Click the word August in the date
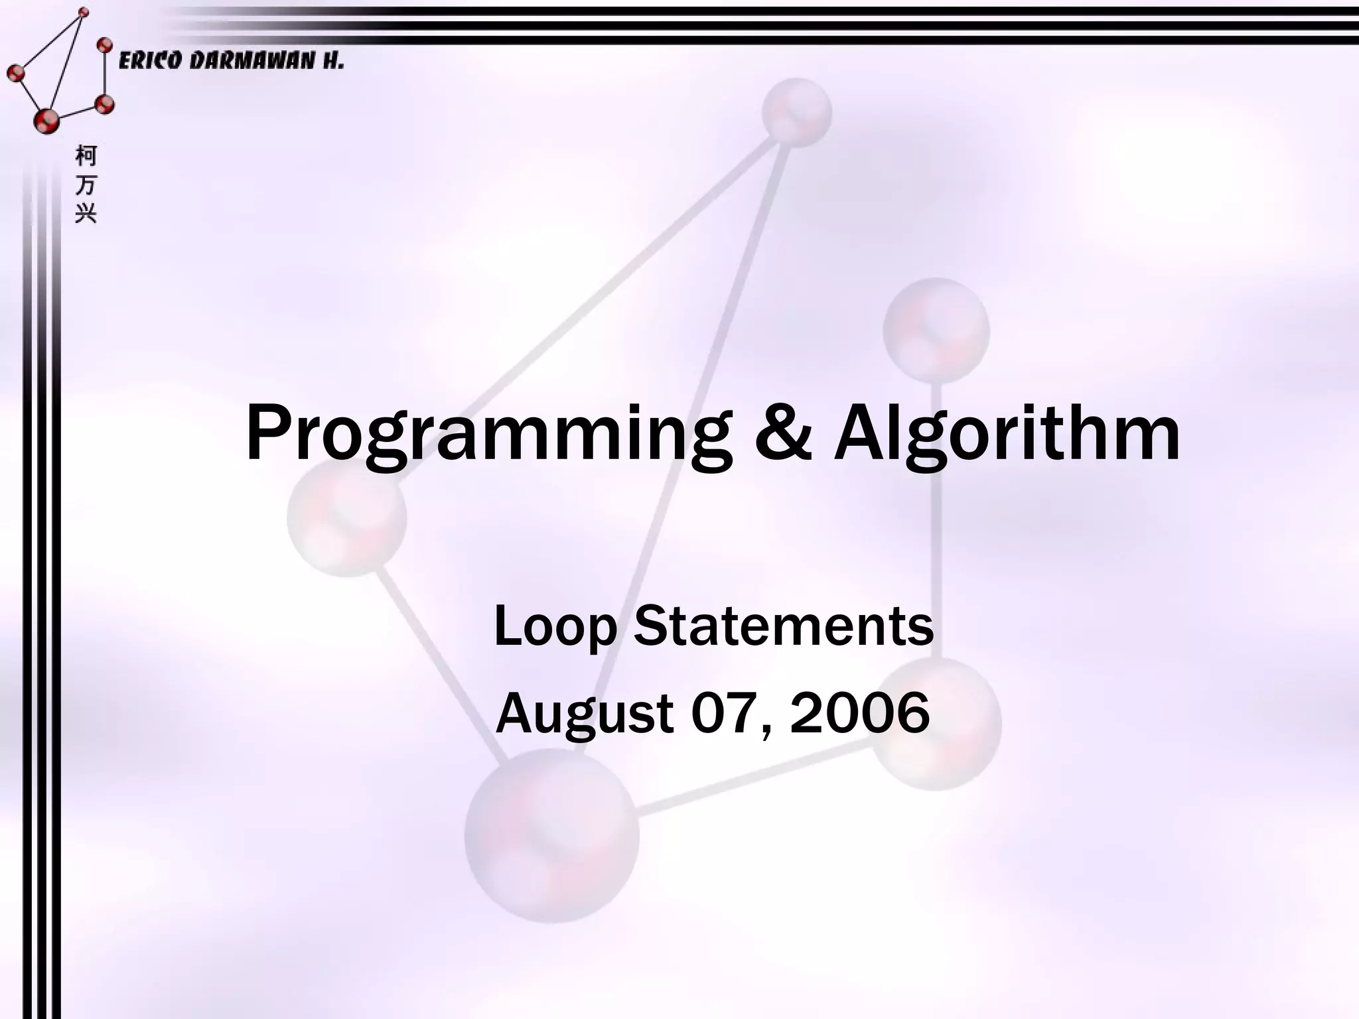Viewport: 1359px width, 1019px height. point(585,714)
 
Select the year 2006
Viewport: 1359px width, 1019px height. point(859,713)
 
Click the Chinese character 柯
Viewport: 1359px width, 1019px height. point(86,156)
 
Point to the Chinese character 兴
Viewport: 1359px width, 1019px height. point(86,213)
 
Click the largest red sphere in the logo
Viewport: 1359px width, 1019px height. point(46,121)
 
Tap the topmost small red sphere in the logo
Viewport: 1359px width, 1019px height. point(84,12)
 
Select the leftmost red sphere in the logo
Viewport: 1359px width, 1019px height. point(15,72)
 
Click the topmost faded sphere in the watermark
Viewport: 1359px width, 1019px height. point(796,111)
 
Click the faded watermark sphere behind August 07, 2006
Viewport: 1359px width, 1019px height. point(936,723)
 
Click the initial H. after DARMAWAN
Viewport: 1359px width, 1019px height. point(333,62)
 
